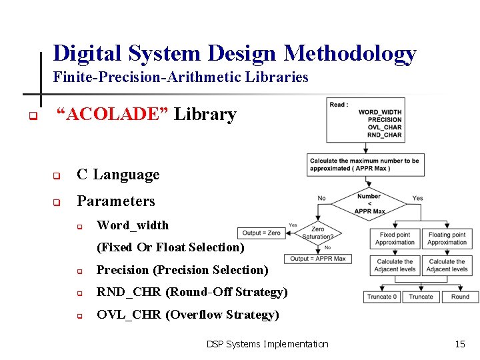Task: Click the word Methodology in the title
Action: click(350, 53)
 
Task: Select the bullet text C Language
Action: click(118, 175)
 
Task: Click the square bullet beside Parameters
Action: click(57, 202)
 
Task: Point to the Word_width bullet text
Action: click(133, 225)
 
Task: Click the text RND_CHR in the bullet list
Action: click(129, 292)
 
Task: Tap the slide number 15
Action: click(459, 344)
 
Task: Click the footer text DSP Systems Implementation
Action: click(267, 344)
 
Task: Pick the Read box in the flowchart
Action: click(365, 120)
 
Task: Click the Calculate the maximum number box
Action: click(364, 164)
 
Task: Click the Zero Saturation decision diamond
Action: click(318, 233)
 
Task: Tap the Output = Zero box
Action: click(261, 233)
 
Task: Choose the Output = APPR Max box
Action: click(317, 259)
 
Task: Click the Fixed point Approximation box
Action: click(395, 239)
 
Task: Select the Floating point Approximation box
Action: click(447, 239)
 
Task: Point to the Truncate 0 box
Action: click(381, 297)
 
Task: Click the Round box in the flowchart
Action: click(460, 297)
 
